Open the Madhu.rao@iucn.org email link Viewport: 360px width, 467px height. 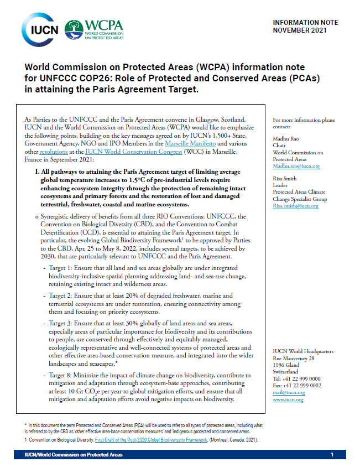(x=296, y=166)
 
